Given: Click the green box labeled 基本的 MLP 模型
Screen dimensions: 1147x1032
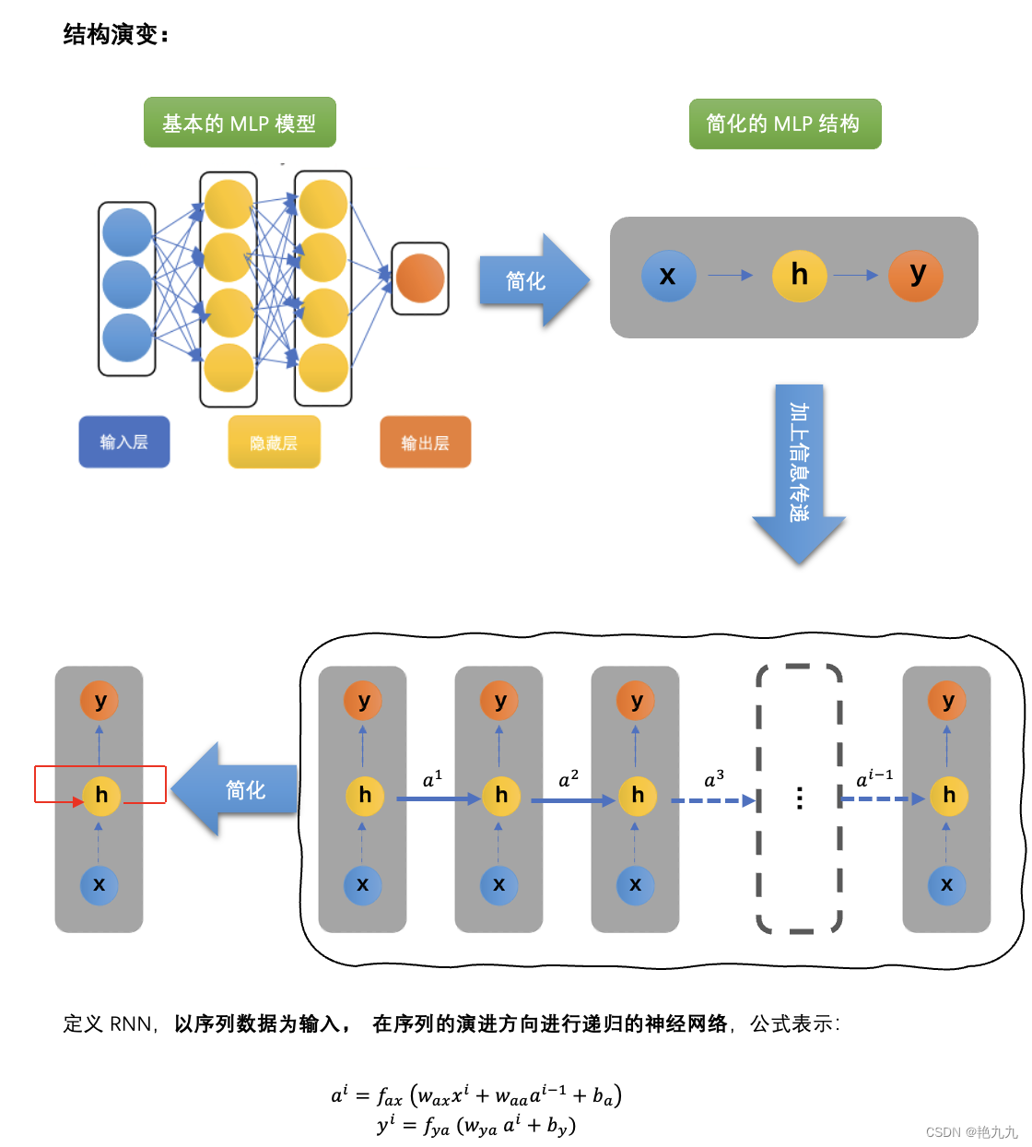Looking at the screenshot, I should [x=240, y=123].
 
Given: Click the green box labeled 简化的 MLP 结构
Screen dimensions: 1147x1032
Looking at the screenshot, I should [x=785, y=124].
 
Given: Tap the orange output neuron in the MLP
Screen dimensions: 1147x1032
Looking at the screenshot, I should [x=420, y=278].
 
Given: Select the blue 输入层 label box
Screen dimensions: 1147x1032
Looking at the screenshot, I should [x=124, y=442].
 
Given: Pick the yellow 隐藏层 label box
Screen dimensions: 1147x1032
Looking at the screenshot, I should [x=274, y=443].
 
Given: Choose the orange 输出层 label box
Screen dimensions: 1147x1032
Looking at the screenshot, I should [x=425, y=443].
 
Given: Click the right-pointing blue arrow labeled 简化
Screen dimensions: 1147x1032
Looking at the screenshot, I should [x=530, y=280].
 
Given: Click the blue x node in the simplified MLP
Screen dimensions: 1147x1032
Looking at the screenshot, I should [x=668, y=275].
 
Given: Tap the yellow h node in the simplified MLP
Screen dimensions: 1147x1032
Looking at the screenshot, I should [x=799, y=275].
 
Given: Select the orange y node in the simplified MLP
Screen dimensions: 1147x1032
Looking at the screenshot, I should [x=916, y=275].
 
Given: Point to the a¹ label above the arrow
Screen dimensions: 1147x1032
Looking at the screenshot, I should [x=432, y=779].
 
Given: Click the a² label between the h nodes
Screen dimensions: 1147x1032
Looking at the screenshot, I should [x=569, y=779].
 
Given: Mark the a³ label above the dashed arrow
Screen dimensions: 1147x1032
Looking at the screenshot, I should [x=714, y=779].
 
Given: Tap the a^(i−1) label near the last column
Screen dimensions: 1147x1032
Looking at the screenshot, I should [x=874, y=779].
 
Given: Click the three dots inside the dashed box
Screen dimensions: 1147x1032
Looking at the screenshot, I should [x=799, y=798].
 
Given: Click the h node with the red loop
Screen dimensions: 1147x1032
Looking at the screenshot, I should [x=101, y=796].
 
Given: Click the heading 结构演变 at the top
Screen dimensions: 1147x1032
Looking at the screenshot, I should [x=116, y=35].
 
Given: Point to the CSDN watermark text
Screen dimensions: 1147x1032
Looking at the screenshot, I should [x=971, y=1132].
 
